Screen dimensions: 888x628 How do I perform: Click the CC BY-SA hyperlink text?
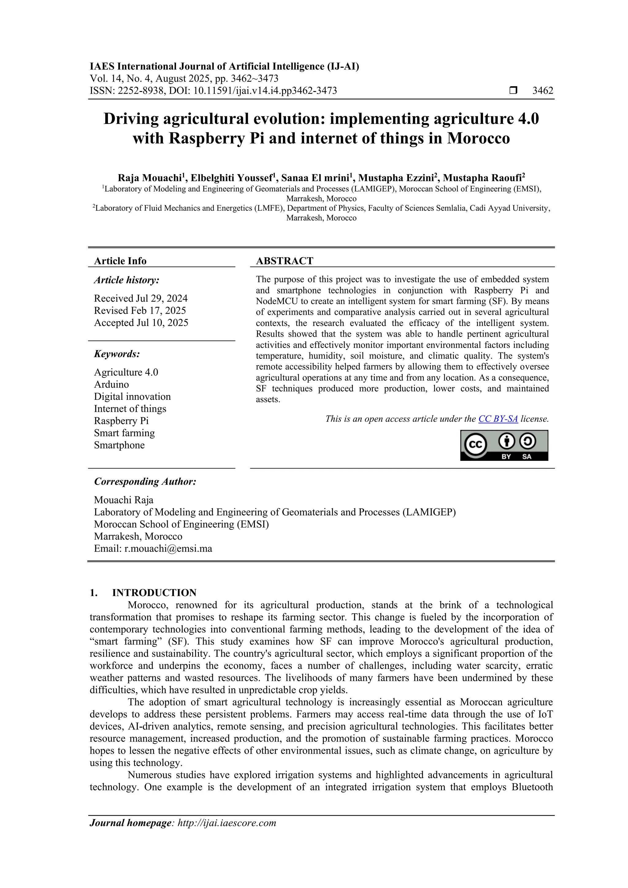[x=498, y=419]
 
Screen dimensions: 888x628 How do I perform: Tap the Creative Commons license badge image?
[x=504, y=445]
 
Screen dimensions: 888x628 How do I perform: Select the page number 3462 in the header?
[x=542, y=90]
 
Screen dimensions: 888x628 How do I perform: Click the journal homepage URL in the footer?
[x=227, y=823]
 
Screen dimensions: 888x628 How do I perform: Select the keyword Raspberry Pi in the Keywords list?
[x=121, y=421]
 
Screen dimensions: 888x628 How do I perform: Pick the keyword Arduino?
[x=111, y=385]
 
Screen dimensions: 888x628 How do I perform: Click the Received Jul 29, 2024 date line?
[x=141, y=299]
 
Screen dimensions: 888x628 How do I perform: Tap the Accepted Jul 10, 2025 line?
[x=141, y=323]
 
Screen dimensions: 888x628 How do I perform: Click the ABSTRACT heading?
[x=284, y=261]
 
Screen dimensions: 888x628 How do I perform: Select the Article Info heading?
[x=120, y=261]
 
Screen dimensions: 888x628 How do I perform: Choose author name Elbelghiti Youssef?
[x=232, y=178]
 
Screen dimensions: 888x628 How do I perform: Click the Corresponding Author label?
[x=145, y=481]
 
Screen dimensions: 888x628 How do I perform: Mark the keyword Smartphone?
[x=119, y=445]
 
